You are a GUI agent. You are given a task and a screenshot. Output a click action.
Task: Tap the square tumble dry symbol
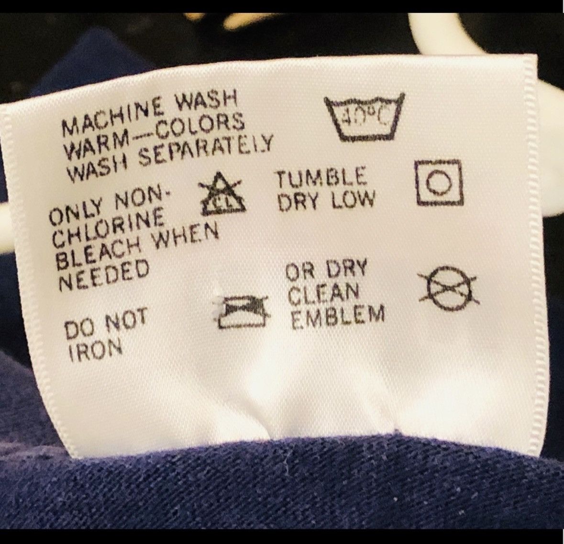[439, 182]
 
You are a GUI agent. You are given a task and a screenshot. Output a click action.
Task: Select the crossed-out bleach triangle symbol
[221, 195]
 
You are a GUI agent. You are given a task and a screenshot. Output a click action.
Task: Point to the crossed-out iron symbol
[243, 312]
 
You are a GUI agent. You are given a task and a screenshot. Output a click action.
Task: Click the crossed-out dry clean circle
[448, 288]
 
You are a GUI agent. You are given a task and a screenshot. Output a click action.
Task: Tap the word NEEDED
[104, 276]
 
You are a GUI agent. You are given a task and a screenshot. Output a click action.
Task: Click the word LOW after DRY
[353, 200]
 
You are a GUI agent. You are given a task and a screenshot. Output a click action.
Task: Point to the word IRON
[96, 350]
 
